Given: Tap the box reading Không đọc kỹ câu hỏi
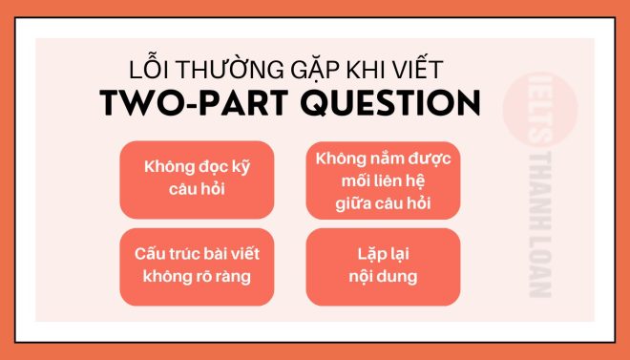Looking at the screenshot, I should tap(198, 180).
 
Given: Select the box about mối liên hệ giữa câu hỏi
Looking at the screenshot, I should tap(384, 180).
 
